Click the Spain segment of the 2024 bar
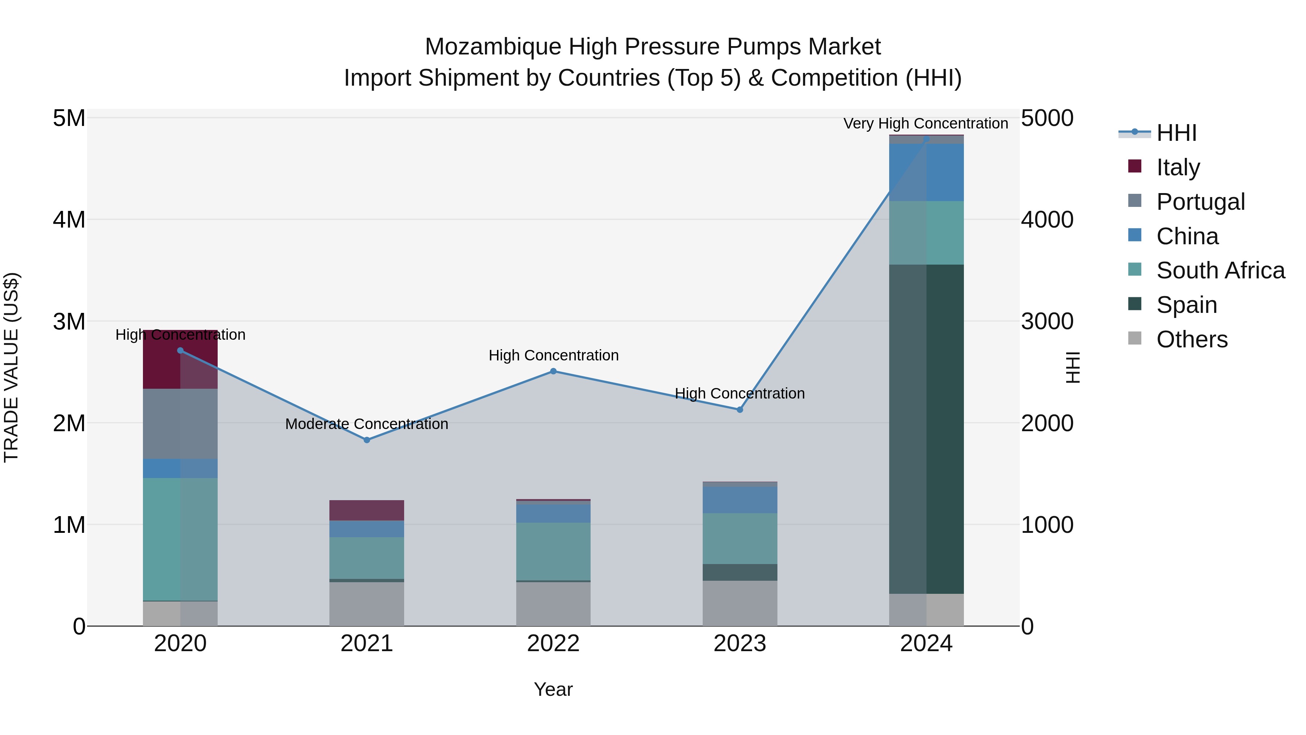(x=926, y=429)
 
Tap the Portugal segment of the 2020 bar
(x=180, y=424)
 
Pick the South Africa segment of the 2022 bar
(x=553, y=551)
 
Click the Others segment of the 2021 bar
(x=366, y=604)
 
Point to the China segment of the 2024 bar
(x=926, y=172)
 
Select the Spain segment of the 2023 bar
(x=740, y=572)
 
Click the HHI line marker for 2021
(x=366, y=440)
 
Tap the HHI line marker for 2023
(x=740, y=409)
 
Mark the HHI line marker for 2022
(x=553, y=371)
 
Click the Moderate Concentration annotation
(x=366, y=424)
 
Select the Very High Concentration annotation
(x=926, y=123)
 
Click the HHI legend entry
(x=1176, y=133)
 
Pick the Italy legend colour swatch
(x=1135, y=166)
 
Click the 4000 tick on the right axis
(x=1047, y=220)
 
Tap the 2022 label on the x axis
(x=553, y=644)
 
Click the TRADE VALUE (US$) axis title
(x=11, y=367)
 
